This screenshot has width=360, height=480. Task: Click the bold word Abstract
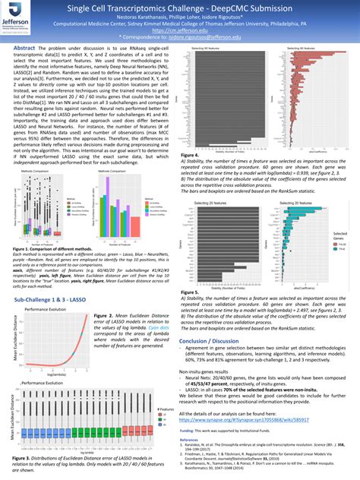tap(27, 48)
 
